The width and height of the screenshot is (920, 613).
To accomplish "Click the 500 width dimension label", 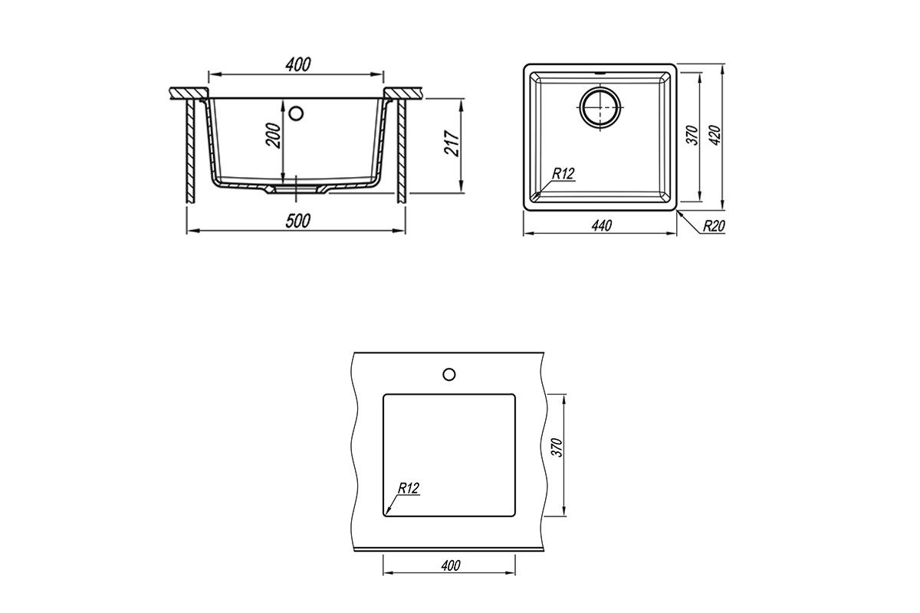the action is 297,221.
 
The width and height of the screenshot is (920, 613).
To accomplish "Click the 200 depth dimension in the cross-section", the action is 274,135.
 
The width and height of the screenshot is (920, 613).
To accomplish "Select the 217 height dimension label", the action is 452,143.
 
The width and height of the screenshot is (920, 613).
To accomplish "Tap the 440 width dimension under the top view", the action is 602,225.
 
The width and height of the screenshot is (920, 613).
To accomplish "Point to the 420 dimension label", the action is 715,135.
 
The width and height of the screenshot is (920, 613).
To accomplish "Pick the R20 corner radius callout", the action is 714,226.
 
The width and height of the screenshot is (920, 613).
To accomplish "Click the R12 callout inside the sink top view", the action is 563,174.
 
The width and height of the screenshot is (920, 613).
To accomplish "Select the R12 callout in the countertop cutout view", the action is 408,488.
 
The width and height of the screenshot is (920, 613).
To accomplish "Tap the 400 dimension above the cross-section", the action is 298,64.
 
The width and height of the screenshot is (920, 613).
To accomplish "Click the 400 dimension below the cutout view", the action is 451,565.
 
